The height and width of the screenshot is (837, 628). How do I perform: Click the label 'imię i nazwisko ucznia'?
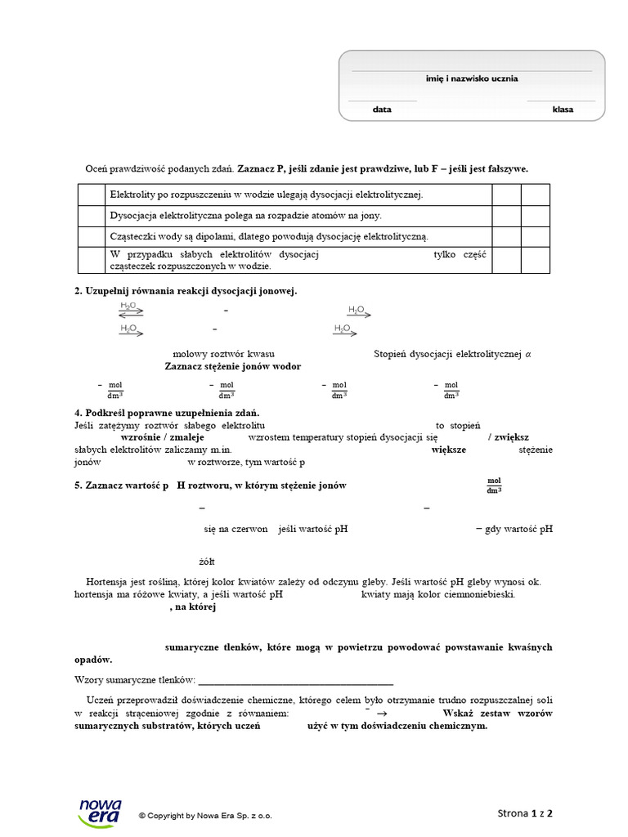(471, 79)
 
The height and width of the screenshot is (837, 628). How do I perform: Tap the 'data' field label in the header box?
(382, 109)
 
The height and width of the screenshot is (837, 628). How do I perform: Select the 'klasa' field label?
(563, 109)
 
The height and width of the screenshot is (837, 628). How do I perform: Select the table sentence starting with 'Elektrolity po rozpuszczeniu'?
(267, 195)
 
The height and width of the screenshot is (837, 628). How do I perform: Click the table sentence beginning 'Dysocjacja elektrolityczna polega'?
(246, 216)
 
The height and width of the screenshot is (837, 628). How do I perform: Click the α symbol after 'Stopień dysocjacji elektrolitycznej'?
(528, 354)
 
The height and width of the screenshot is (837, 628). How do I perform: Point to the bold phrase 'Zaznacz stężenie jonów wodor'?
(238, 367)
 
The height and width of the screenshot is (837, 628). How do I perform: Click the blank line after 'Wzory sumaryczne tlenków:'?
(296, 681)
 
